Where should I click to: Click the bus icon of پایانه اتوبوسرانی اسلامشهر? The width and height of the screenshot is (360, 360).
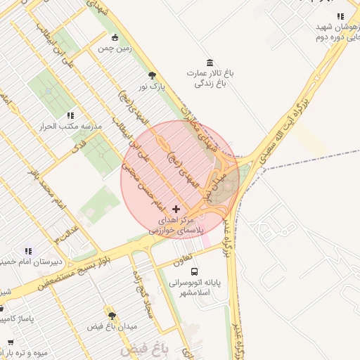coord(194,271)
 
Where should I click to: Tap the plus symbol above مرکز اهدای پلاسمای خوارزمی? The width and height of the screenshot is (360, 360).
coord(176,209)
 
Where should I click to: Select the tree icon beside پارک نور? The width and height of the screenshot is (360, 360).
coord(151,76)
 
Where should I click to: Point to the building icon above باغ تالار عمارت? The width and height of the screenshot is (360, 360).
coord(209,63)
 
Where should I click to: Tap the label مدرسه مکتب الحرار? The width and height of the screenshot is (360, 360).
coord(74,127)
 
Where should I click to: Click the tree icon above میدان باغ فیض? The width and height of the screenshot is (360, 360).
coord(111,316)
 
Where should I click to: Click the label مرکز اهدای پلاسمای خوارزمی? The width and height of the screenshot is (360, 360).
coord(176,225)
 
